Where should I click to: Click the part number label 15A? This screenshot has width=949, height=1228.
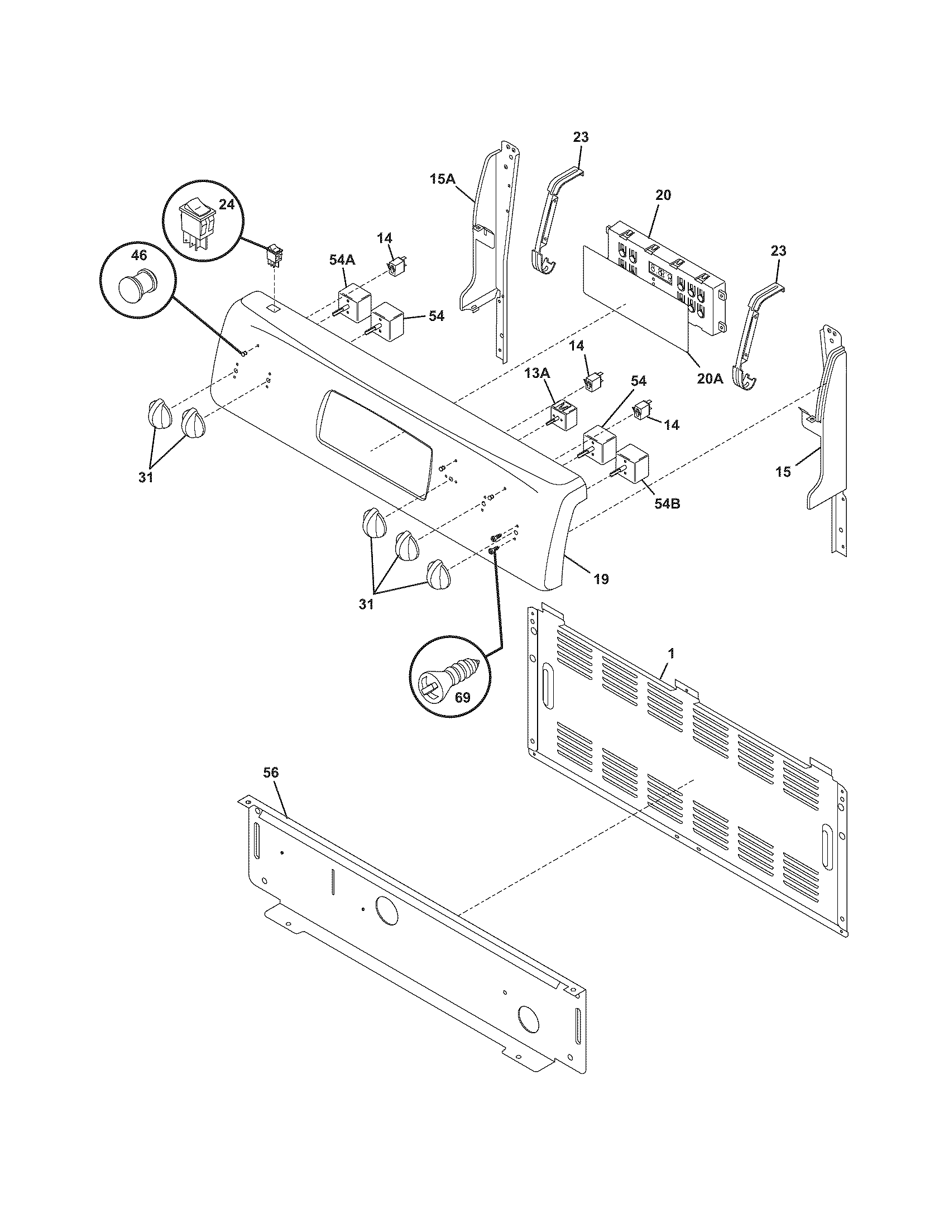tap(443, 179)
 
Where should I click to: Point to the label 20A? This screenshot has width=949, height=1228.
tap(710, 378)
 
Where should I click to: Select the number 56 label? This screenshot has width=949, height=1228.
tap(271, 773)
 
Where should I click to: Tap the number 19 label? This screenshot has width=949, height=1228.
tap(601, 579)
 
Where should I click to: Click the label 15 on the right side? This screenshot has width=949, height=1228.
tap(783, 472)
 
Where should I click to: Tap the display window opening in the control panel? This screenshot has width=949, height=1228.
tap(376, 443)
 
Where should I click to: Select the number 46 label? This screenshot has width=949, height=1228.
tap(139, 255)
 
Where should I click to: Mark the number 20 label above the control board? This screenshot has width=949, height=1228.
tap(663, 195)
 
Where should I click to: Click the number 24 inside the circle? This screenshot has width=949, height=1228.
tap(226, 205)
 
